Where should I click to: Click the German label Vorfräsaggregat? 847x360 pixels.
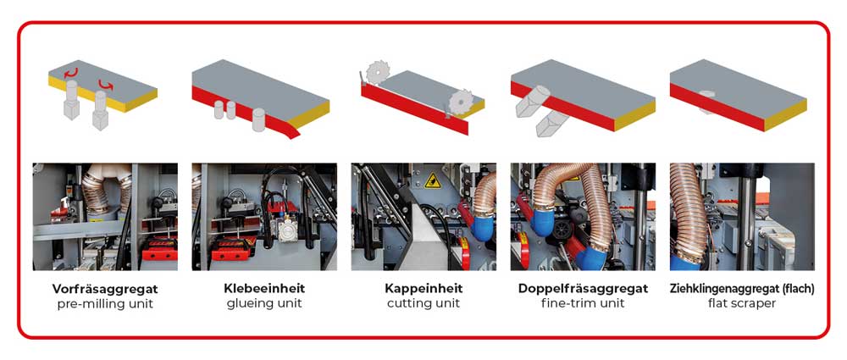(x=105, y=289)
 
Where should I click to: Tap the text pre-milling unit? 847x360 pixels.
(x=105, y=304)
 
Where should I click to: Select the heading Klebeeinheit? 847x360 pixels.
(x=264, y=288)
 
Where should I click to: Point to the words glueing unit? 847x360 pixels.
(x=264, y=304)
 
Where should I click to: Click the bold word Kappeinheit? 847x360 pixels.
(x=423, y=288)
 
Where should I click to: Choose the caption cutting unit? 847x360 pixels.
(x=423, y=303)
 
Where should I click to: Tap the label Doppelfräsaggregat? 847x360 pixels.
(x=583, y=289)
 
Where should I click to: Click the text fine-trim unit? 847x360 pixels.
(x=583, y=303)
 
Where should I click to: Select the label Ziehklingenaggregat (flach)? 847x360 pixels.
(x=742, y=289)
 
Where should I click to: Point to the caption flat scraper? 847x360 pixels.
(x=742, y=303)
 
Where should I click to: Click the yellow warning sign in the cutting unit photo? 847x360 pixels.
(x=433, y=180)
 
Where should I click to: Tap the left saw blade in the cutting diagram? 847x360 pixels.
(x=377, y=71)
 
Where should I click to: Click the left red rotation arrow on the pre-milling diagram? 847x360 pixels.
(x=71, y=73)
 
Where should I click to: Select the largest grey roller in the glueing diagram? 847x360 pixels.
(x=258, y=119)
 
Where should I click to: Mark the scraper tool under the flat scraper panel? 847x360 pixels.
(x=706, y=101)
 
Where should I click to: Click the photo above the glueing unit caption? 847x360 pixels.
(x=264, y=216)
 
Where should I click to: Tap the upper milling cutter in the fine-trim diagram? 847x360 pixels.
(x=531, y=101)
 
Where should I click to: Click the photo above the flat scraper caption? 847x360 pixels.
(x=742, y=216)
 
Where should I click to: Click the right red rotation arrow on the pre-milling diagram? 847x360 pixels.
(x=105, y=85)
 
